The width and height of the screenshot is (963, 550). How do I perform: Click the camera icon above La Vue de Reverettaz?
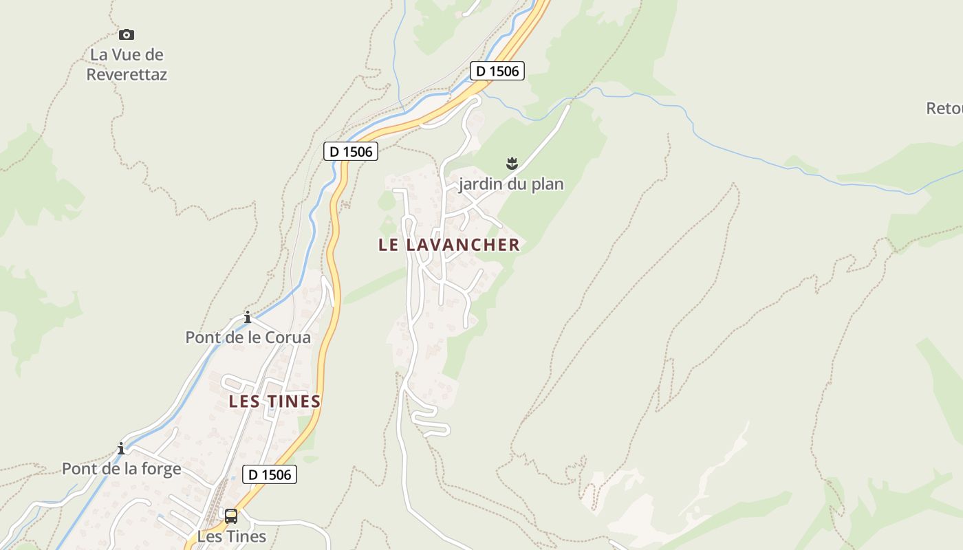pyautogui.click(x=127, y=34)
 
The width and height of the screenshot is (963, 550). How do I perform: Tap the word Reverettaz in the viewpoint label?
pyautogui.click(x=127, y=74)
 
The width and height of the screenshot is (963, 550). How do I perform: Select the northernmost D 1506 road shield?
pyautogui.click(x=497, y=70)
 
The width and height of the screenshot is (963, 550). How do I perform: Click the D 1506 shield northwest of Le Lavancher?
pyautogui.click(x=351, y=151)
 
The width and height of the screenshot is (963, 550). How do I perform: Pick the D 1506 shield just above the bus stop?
pyautogui.click(x=270, y=474)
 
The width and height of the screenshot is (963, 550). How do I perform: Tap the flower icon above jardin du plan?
pyautogui.click(x=511, y=164)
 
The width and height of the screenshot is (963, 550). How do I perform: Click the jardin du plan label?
pyautogui.click(x=511, y=184)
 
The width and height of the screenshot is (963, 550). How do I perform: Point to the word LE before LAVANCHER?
pyautogui.click(x=389, y=245)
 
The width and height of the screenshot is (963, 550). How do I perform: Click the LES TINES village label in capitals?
pyautogui.click(x=275, y=401)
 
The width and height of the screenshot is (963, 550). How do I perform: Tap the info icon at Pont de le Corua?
pyautogui.click(x=248, y=317)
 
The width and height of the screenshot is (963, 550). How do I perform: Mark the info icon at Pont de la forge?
pyautogui.click(x=121, y=448)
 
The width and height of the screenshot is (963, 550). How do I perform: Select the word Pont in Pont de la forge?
pyautogui.click(x=77, y=469)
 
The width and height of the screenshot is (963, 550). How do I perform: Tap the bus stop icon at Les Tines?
pyautogui.click(x=231, y=516)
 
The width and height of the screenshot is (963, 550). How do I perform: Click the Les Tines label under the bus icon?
pyautogui.click(x=231, y=536)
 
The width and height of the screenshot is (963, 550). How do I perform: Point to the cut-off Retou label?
pyautogui.click(x=944, y=109)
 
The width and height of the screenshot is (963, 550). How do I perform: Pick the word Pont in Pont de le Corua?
pyautogui.click(x=202, y=338)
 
